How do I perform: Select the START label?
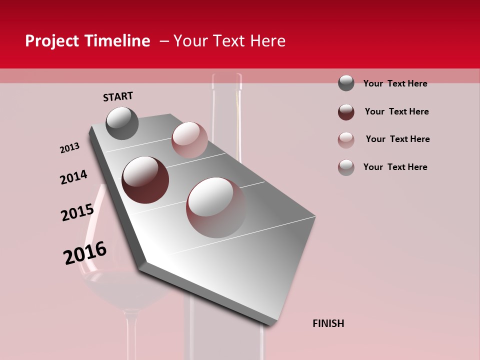[x=118, y=96]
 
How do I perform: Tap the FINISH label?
[x=328, y=323]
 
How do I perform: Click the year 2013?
[x=69, y=148]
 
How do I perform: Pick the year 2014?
[x=73, y=177]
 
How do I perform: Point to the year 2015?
[x=77, y=212]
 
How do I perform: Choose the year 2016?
[x=85, y=253]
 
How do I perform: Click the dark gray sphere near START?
[x=122, y=123]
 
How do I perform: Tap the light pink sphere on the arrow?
[x=189, y=140]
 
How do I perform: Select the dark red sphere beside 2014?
[x=145, y=180]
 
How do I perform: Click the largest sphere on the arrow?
[x=216, y=207]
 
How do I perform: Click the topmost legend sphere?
[x=346, y=83]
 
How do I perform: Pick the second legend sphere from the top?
[x=346, y=112]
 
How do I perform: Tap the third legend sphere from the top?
[x=346, y=140]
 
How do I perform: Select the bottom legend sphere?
[x=346, y=167]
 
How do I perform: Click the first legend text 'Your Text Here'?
[x=395, y=83]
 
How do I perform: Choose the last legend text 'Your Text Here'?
[x=395, y=167]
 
